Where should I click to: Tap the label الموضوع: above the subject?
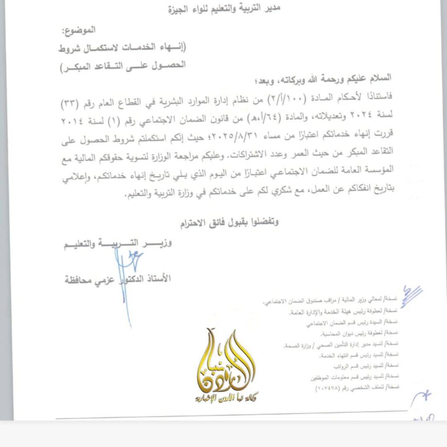click(78, 30)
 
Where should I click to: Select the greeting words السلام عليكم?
click(369, 79)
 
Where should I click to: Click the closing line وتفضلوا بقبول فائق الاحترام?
click(229, 222)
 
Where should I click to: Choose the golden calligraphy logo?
click(226, 360)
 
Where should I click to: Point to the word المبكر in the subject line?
click(77, 65)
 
